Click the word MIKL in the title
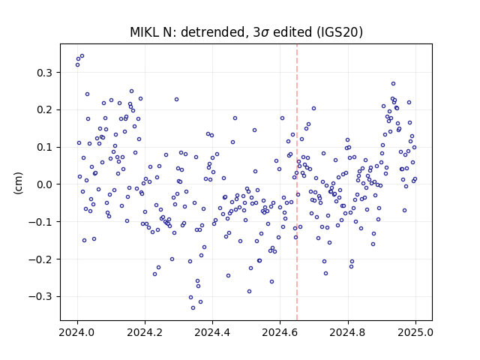click(145, 32)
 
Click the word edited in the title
click(292, 32)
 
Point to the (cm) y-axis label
click(18, 183)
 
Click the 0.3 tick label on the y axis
click(45, 73)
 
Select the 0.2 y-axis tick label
click(45, 110)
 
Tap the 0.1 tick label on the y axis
click(45, 147)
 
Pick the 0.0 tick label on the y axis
click(45, 184)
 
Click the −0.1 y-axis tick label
click(40, 222)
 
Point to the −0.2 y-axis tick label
click(40, 259)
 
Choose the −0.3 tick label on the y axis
click(40, 297)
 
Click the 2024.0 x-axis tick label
click(76, 332)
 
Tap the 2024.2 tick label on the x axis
click(145, 332)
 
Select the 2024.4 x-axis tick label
click(212, 332)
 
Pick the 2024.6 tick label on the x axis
click(280, 332)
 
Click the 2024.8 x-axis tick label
click(347, 332)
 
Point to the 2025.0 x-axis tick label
click(415, 332)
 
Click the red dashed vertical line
click(297, 182)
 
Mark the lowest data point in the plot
click(193, 308)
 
